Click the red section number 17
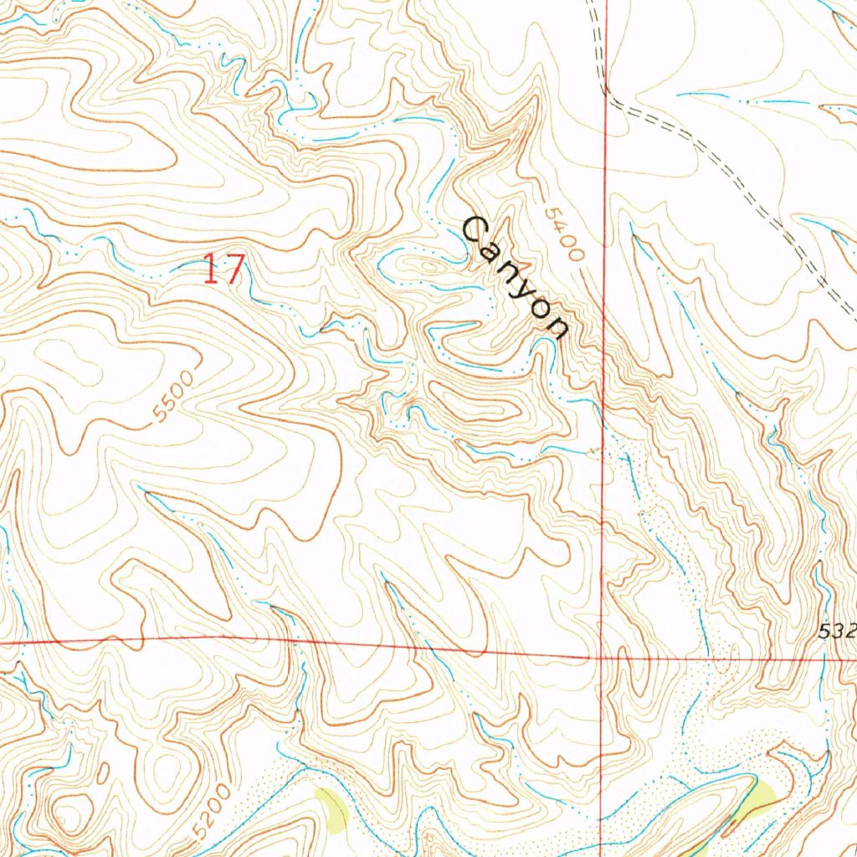pyautogui.click(x=224, y=270)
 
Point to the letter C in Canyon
pyautogui.click(x=475, y=228)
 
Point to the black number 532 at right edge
pyautogui.click(x=837, y=633)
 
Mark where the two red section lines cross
pyautogui.click(x=604, y=657)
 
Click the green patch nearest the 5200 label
pyautogui.click(x=331, y=808)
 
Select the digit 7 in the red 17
pyautogui.click(x=234, y=270)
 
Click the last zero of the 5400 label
pyautogui.click(x=573, y=254)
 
